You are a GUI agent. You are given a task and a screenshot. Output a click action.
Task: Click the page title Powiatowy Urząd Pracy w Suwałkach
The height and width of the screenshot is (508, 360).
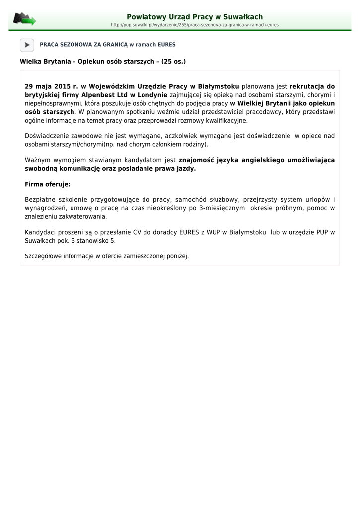pos(195,17)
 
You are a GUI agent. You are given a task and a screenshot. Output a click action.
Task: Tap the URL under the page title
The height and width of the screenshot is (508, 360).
pos(195,25)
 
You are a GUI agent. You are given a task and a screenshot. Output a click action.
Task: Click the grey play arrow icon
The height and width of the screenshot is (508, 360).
pos(27,45)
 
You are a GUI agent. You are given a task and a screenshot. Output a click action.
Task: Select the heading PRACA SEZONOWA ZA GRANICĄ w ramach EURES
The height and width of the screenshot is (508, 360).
pos(107,45)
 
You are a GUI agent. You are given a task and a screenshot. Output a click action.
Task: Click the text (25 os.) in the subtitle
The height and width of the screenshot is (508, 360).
pos(173,62)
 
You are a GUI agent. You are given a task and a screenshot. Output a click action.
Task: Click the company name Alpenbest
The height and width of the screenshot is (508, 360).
pos(97,95)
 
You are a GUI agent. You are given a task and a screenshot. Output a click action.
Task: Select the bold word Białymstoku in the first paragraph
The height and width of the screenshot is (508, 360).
pos(218,86)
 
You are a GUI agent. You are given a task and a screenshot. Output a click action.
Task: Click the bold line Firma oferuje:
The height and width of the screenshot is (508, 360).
pos(48,184)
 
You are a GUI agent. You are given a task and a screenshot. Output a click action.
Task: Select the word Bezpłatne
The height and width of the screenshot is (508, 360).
pos(40,200)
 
